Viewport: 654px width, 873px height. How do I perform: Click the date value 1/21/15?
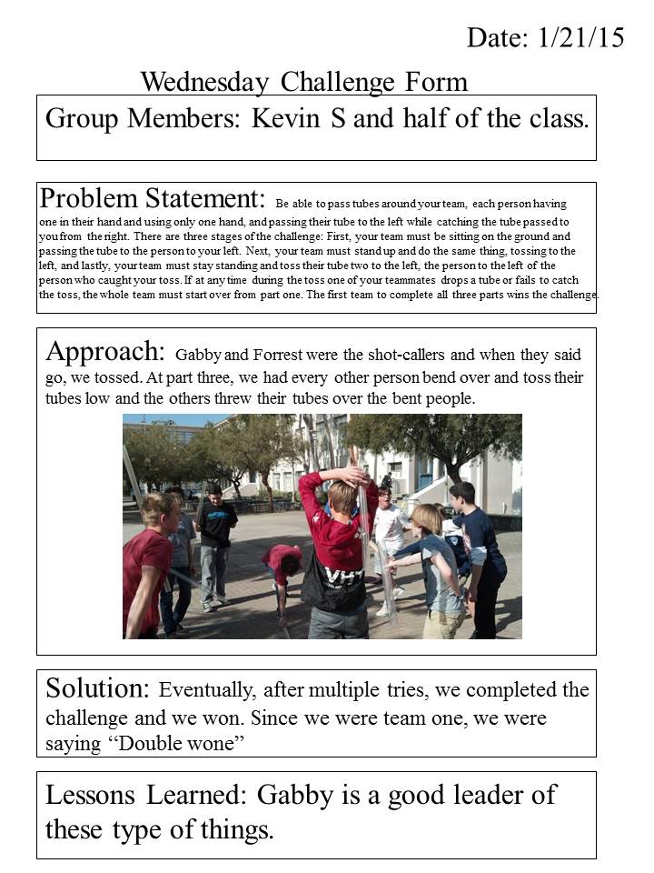point(581,37)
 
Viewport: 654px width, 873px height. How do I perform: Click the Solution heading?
point(99,690)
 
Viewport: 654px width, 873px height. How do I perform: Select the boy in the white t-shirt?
point(391,537)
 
